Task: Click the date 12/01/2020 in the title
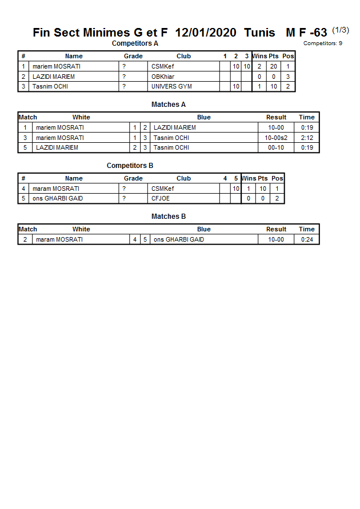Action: [x=206, y=33]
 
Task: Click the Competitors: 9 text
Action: [x=322, y=43]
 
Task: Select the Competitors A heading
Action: [x=135, y=43]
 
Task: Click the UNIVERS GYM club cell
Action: [x=171, y=86]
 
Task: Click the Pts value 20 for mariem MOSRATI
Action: [x=274, y=66]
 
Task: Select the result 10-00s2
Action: [x=276, y=138]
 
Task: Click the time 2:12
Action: [x=307, y=138]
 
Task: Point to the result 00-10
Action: [x=276, y=147]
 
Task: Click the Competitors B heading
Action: [x=130, y=166]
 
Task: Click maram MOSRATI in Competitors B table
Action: [x=56, y=189]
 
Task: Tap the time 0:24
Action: [x=307, y=239]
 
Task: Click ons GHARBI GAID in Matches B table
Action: [x=178, y=239]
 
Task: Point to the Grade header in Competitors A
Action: [x=133, y=56]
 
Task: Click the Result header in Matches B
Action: [x=276, y=229]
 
